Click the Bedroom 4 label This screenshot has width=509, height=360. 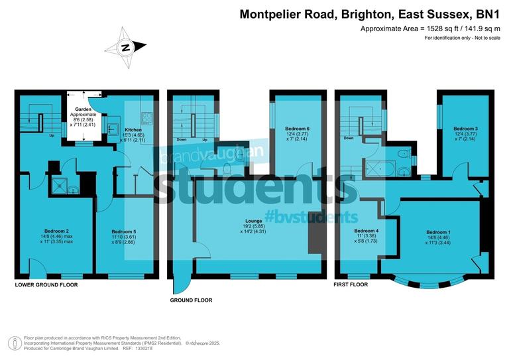[366, 231]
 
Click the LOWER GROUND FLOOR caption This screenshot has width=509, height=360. [46, 284]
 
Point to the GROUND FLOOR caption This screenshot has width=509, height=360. [190, 300]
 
